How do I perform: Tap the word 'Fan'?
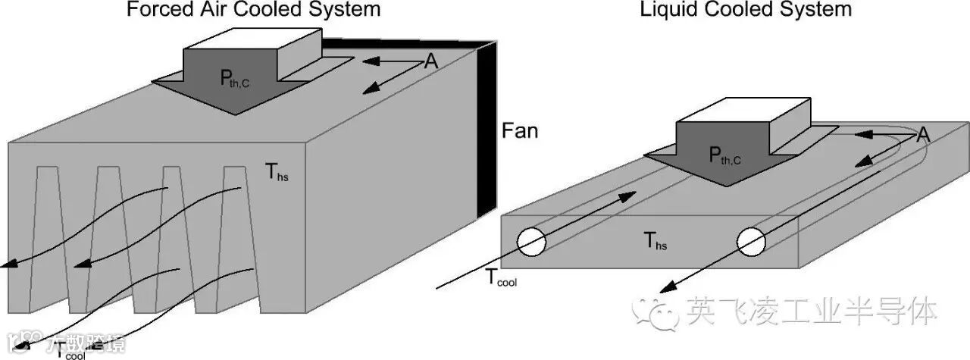(520, 131)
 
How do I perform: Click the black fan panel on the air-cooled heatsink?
(486, 129)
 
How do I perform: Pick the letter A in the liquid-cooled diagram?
(923, 136)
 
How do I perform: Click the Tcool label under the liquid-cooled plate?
(501, 280)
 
